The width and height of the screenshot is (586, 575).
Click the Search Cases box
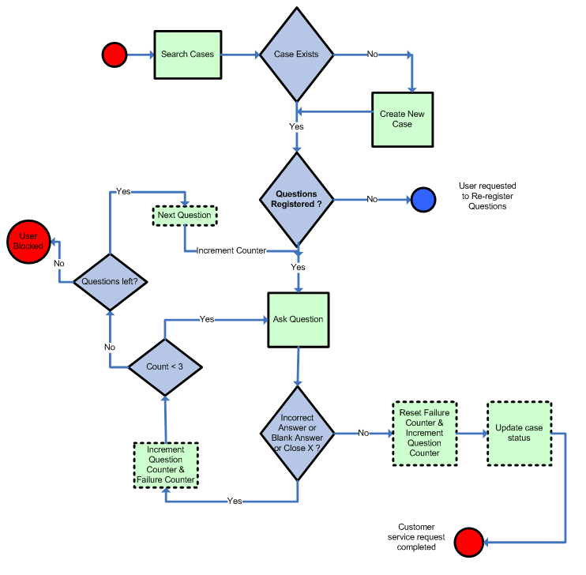click(187, 54)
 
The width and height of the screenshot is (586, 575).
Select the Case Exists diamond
click(297, 54)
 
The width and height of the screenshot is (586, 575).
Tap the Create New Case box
click(402, 119)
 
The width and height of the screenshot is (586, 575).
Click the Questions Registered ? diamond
click(297, 199)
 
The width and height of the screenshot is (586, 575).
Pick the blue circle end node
click(423, 199)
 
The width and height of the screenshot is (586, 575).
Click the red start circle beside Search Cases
click(115, 54)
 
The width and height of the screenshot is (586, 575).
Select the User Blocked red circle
click(28, 241)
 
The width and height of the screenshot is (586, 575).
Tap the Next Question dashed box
click(184, 215)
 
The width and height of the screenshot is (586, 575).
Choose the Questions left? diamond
click(111, 281)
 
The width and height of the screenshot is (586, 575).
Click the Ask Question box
click(298, 319)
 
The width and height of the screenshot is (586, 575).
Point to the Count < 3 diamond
click(166, 366)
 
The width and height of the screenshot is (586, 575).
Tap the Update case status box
click(519, 433)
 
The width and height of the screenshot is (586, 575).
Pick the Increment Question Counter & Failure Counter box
click(165, 464)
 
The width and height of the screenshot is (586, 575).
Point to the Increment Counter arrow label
click(231, 250)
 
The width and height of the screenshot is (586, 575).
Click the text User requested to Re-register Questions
click(487, 196)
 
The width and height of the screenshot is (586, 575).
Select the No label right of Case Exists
click(373, 54)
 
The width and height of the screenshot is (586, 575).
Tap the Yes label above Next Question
click(123, 191)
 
